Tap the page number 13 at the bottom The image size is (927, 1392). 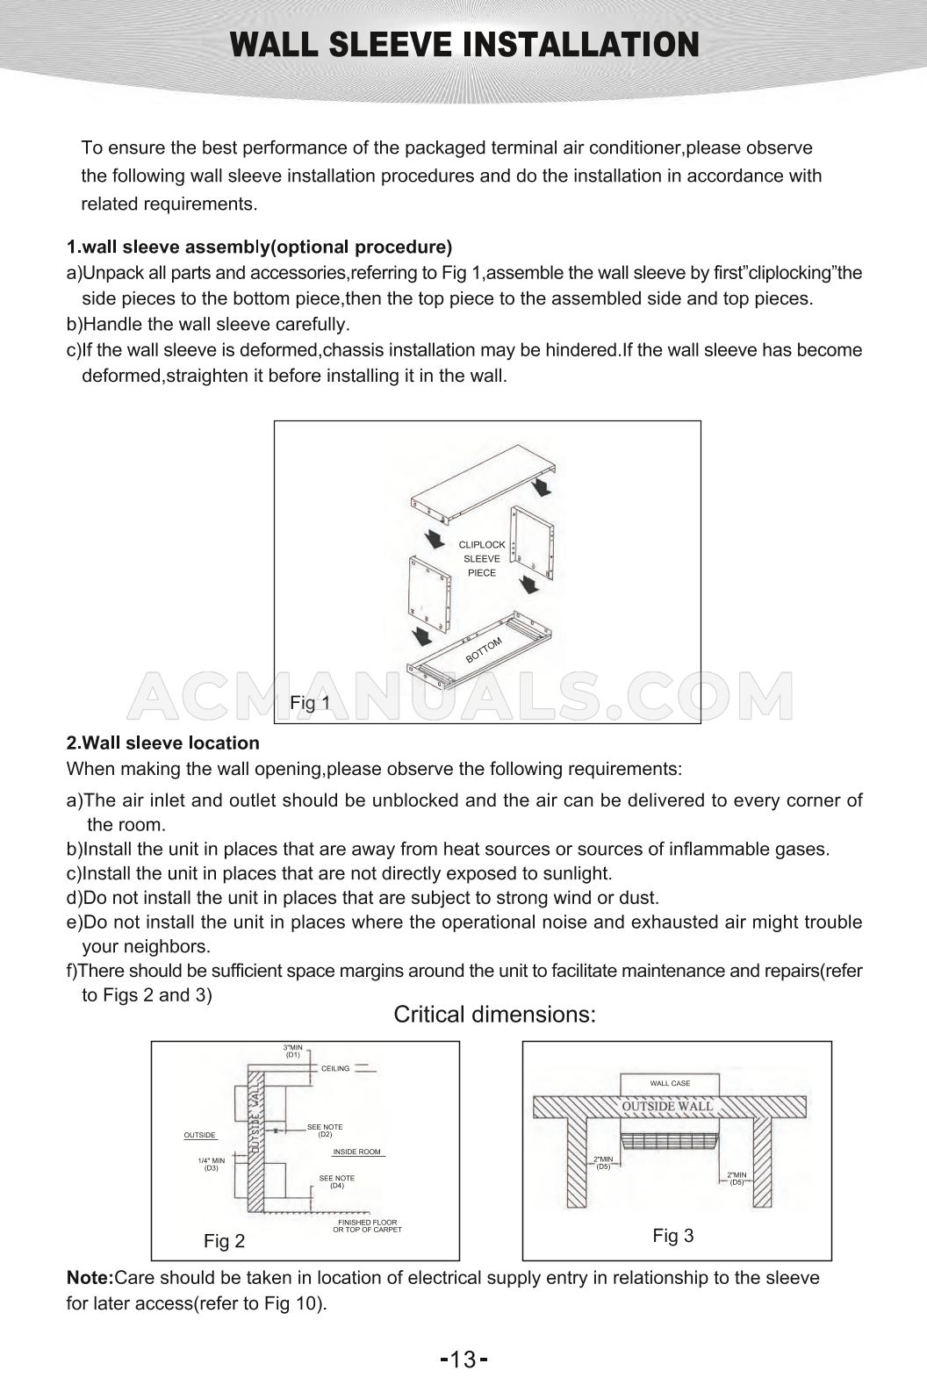(463, 1361)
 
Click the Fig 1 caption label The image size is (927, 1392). (310, 702)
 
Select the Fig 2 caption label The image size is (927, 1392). (224, 1241)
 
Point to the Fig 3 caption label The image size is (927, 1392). (673, 1236)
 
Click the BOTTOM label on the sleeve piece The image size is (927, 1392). (484, 650)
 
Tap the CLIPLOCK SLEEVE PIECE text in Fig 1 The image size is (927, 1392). (482, 558)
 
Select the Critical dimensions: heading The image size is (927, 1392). (494, 1015)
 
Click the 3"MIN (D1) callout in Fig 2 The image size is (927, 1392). (292, 1051)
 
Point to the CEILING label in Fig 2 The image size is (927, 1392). (335, 1068)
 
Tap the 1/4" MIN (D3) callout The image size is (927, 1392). (212, 1164)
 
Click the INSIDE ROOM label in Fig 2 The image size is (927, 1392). (356, 1152)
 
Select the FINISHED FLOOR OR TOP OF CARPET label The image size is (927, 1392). (367, 1226)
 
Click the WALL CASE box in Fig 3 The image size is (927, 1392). (670, 1083)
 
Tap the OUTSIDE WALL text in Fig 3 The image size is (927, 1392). (667, 1106)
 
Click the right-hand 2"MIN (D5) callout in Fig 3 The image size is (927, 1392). (737, 1178)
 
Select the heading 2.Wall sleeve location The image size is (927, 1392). (163, 743)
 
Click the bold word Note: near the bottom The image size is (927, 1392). (90, 1278)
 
